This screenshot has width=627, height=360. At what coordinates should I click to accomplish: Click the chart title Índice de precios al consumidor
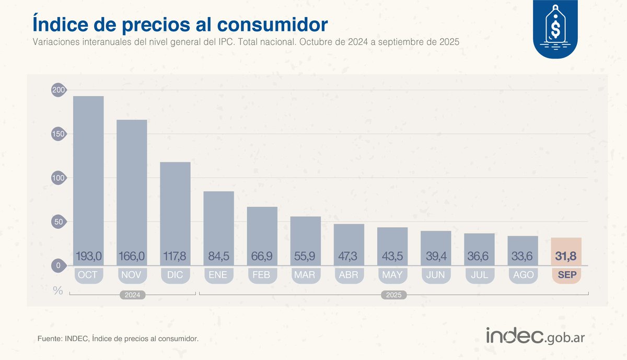pos(180,25)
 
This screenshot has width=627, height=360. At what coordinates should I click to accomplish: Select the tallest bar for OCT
pos(88,172)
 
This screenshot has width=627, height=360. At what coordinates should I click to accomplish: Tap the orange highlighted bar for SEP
pos(566,246)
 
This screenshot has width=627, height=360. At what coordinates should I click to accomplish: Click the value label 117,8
pos(175,257)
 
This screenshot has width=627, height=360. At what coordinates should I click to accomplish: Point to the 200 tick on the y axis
pos(58,90)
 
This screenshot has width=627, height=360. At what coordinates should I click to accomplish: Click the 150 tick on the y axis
pos(58,134)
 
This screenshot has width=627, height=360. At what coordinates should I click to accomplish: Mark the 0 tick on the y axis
pos(58,266)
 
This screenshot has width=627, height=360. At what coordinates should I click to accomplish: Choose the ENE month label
pos(218,275)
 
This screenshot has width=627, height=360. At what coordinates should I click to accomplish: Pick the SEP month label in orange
pos(566,275)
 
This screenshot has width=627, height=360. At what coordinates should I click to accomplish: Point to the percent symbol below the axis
pos(57,291)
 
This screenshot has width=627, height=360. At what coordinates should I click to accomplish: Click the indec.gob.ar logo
pos(535,336)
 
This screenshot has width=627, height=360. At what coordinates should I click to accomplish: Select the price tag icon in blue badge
pos(556,27)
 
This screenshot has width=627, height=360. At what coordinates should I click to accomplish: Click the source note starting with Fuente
pos(118,339)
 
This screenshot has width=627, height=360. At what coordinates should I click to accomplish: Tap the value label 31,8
pos(566,257)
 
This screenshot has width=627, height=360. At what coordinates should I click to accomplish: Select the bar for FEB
pos(262,230)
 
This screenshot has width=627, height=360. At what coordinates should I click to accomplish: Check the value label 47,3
pos(349,257)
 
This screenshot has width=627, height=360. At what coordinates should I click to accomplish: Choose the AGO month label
pos(523,275)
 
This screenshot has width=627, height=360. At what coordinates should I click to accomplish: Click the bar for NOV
pos(132,183)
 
